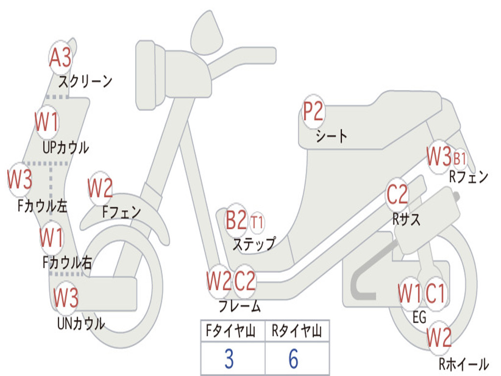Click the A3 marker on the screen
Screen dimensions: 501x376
tap(61, 58)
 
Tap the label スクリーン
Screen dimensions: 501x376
tap(86, 81)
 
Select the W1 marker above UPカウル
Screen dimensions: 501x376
tap(47, 121)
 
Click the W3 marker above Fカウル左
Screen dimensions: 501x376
tap(20, 180)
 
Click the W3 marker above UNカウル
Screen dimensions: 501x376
tap(66, 297)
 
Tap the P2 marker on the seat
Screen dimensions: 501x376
tap(313, 112)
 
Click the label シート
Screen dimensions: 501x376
tap(331, 136)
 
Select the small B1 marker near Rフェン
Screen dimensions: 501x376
tap(460, 158)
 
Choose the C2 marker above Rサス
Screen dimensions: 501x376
tap(397, 195)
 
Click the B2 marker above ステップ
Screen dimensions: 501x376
tap(236, 221)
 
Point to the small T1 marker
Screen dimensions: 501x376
tap(257, 222)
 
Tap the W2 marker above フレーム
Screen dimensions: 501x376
tap(218, 281)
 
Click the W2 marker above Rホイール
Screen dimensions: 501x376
tap(439, 337)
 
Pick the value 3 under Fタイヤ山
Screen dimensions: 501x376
tap(229, 359)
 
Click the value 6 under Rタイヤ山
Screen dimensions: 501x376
tap(294, 359)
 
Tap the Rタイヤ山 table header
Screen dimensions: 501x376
tap(296, 331)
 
